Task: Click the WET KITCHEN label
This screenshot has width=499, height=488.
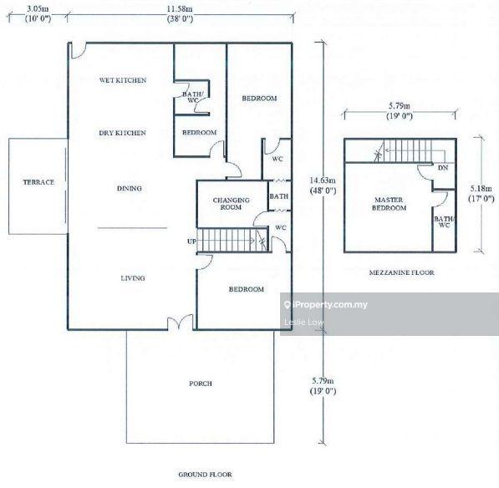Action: tap(123, 80)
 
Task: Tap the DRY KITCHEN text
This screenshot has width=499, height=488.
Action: tap(123, 133)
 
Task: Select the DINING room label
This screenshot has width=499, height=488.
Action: tap(130, 188)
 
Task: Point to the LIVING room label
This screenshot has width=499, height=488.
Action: tap(133, 278)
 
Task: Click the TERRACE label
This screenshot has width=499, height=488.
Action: tap(38, 182)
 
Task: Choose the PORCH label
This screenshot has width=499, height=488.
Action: tap(201, 384)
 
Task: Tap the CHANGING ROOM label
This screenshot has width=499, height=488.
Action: tap(231, 204)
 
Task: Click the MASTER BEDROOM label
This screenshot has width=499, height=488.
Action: tap(389, 204)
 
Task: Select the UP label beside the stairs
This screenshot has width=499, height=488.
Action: tap(191, 241)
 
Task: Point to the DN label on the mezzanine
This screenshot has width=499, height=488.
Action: tap(443, 168)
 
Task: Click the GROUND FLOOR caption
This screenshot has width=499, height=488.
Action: tap(206, 475)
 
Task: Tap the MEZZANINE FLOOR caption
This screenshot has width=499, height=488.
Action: tap(401, 272)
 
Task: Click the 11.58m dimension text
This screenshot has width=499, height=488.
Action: tap(180, 9)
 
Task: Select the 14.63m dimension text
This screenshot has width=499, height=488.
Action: tap(323, 180)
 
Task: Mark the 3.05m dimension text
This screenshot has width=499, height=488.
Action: tap(38, 9)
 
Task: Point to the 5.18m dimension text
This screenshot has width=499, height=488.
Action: tap(481, 188)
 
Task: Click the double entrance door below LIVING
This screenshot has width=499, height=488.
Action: tap(181, 322)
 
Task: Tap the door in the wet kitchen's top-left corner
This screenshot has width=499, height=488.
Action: tap(79, 51)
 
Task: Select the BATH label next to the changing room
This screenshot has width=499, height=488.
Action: tap(279, 196)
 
